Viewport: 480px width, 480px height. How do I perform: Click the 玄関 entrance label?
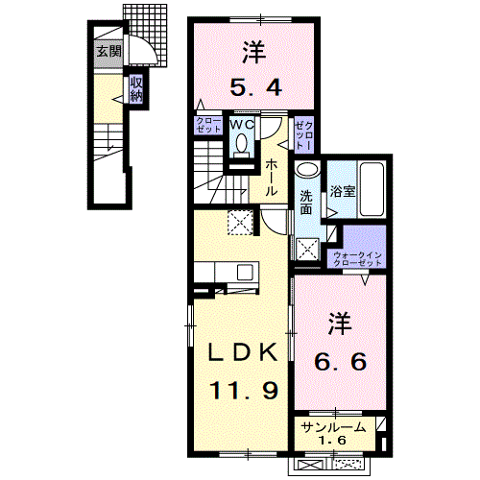(x=108, y=52)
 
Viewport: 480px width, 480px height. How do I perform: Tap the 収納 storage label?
(x=136, y=88)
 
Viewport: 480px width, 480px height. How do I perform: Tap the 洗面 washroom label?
(x=305, y=204)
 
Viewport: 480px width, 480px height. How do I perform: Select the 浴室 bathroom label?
(x=344, y=189)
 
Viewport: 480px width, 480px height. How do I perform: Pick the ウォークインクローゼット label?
(x=357, y=257)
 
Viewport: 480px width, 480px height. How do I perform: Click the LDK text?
(x=245, y=351)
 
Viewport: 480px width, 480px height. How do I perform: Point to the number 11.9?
(x=245, y=391)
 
